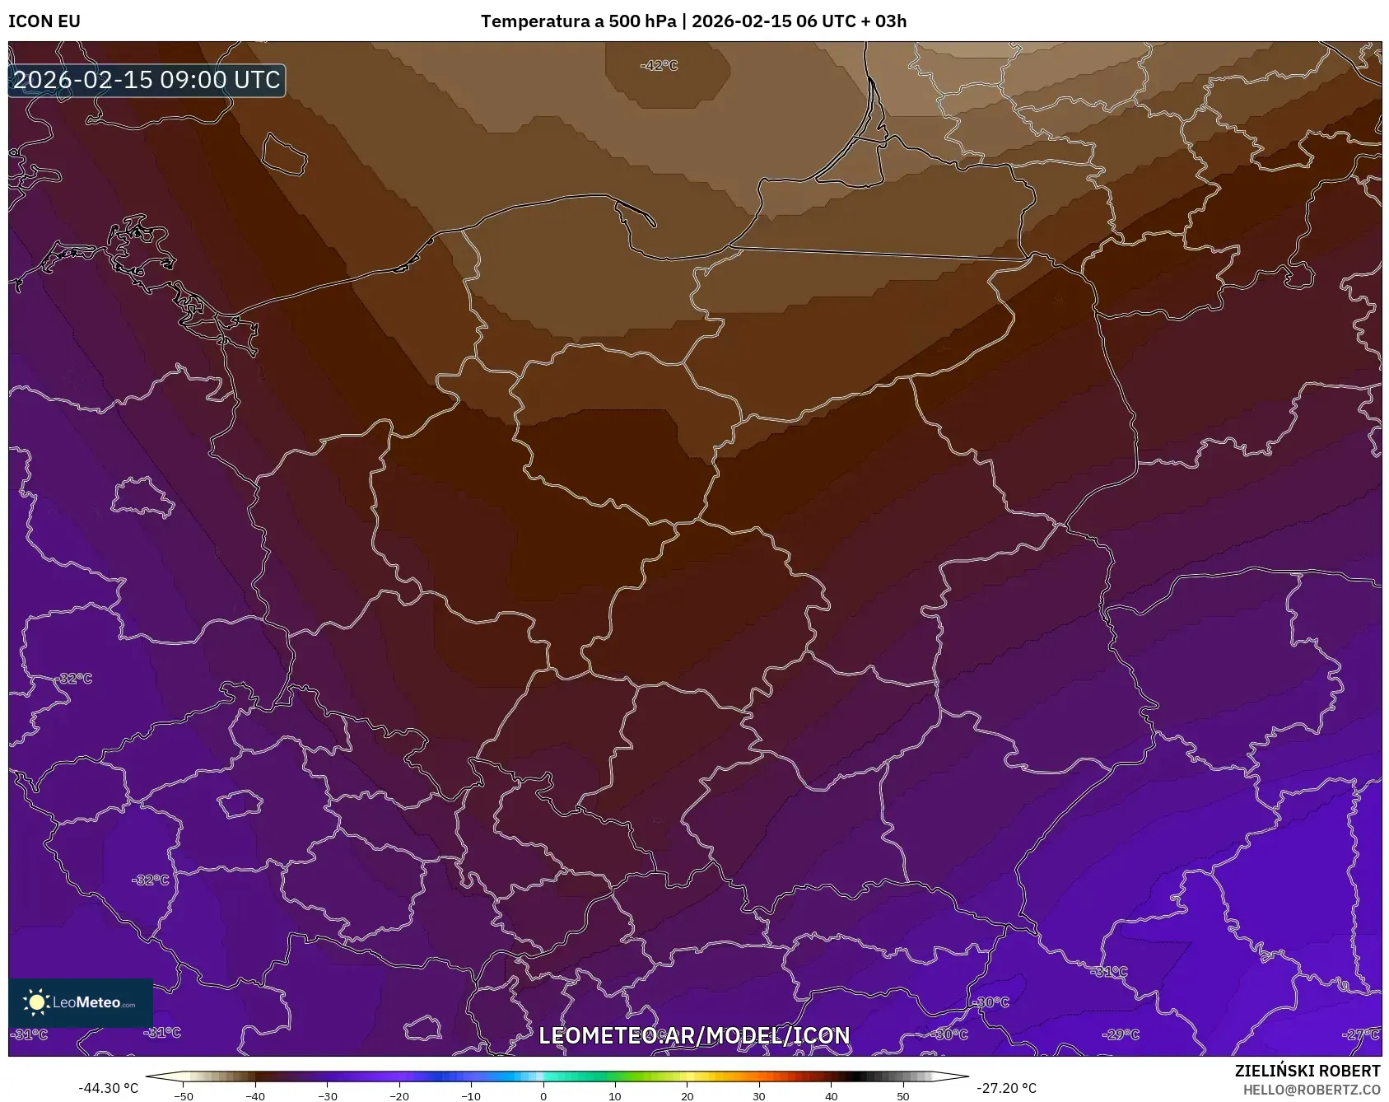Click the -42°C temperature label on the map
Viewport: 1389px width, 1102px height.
(660, 66)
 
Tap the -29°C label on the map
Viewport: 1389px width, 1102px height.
(1121, 1034)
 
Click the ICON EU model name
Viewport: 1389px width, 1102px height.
(44, 21)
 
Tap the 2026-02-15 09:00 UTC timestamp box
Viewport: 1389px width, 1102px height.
(147, 80)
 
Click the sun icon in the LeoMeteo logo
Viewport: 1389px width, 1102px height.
(36, 1002)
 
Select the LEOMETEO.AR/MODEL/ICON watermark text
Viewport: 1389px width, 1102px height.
(694, 1035)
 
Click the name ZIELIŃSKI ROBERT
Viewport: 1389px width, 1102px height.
(1307, 1071)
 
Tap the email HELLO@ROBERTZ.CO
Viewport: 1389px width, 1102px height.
(1312, 1090)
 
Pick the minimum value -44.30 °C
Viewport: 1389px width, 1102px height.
(109, 1088)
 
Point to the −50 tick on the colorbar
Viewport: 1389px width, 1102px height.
(184, 1096)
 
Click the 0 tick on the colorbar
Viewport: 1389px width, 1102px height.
(543, 1096)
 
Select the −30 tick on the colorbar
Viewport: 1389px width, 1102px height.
(328, 1096)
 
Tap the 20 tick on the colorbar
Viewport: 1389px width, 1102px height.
(688, 1096)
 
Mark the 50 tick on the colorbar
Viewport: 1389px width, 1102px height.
(903, 1096)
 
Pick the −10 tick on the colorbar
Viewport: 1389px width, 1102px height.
(471, 1096)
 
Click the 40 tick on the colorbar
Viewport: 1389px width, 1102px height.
(832, 1096)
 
